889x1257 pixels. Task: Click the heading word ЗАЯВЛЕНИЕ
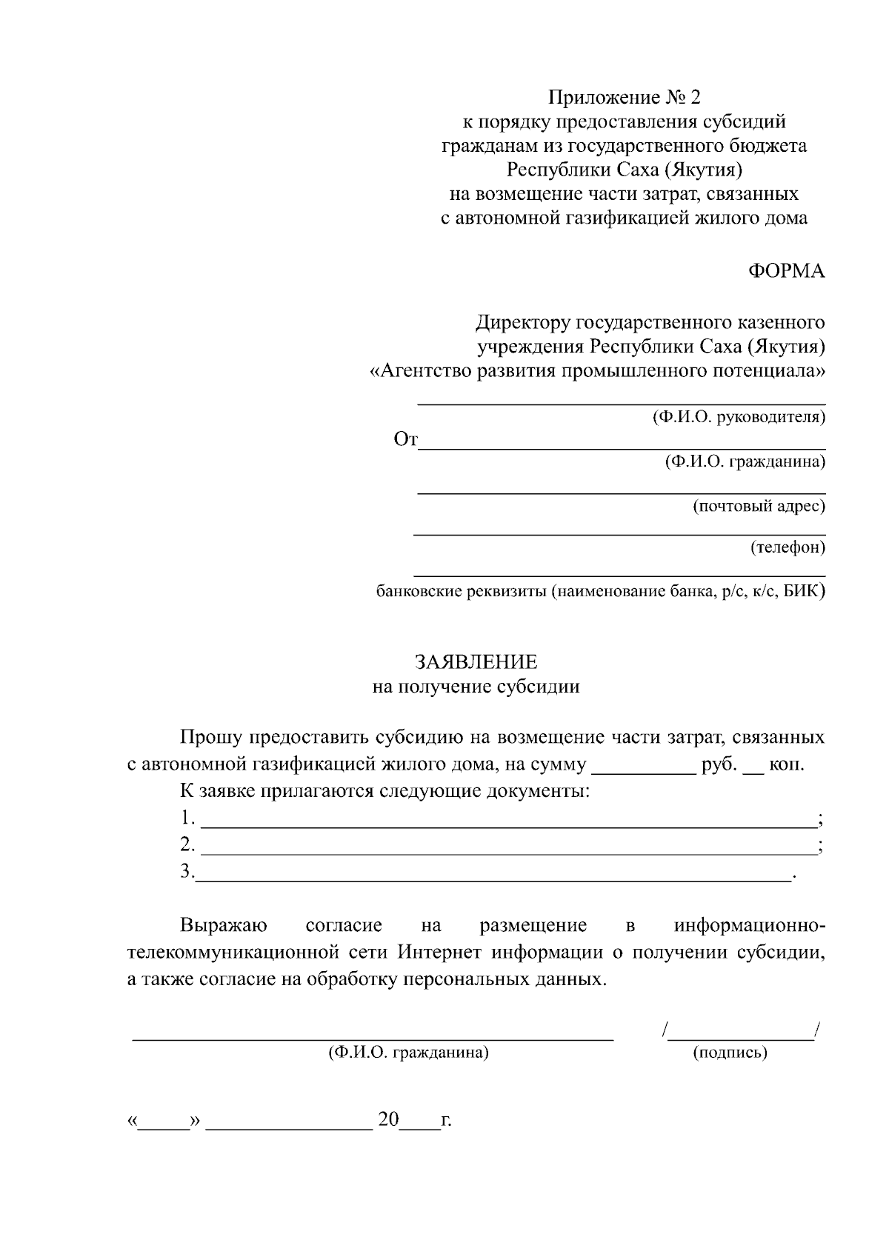point(476,661)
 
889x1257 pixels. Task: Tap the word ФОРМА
point(786,271)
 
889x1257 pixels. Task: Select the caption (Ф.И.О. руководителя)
point(739,417)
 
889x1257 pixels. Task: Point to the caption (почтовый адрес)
point(759,507)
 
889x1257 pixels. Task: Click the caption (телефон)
point(788,548)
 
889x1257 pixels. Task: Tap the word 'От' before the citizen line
point(405,440)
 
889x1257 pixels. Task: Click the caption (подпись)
point(730,1053)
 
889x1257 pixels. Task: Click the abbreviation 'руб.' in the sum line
point(719,764)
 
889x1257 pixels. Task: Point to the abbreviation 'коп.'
point(787,764)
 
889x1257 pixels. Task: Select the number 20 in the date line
point(388,1119)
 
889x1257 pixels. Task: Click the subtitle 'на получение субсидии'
point(476,687)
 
